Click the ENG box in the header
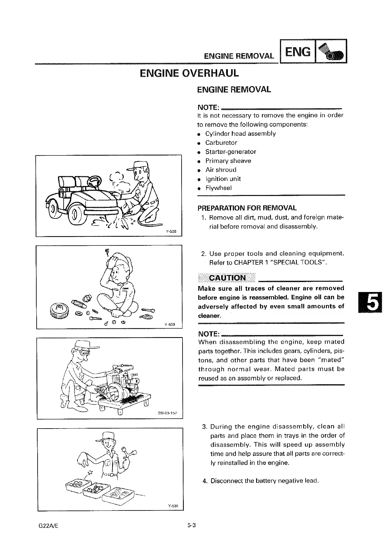298,51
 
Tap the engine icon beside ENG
331,51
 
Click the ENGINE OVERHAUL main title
190,73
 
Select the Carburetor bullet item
221,143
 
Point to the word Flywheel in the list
219,188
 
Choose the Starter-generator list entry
230,152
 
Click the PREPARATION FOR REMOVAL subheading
247,208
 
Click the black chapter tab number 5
369,302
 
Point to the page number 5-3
192,525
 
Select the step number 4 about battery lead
205,481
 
